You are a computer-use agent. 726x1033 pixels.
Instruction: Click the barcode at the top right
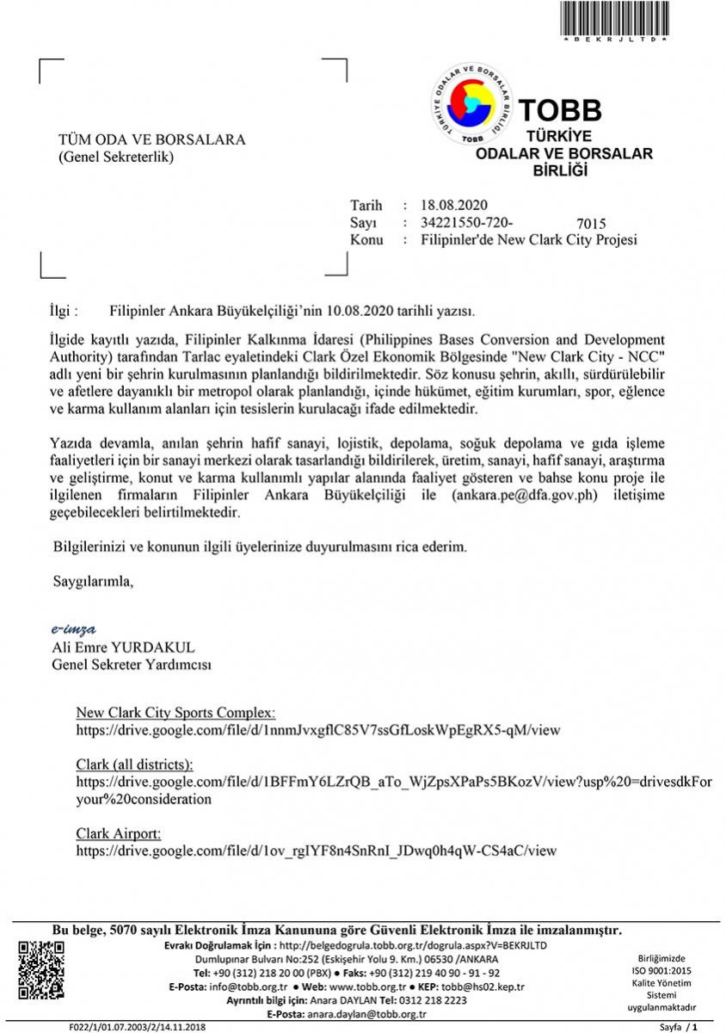pyautogui.click(x=613, y=18)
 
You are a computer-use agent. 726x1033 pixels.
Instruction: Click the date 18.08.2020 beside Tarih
pyautogui.click(x=454, y=205)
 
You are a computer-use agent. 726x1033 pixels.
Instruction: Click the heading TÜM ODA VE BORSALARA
pyautogui.click(x=151, y=140)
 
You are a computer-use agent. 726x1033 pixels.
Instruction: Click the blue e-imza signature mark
pyautogui.click(x=74, y=629)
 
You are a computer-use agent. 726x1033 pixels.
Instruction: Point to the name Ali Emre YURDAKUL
pyautogui.click(x=125, y=646)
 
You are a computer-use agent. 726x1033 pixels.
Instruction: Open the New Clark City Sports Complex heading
pyautogui.click(x=175, y=713)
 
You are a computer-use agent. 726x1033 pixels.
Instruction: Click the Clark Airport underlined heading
pyautogui.click(x=119, y=833)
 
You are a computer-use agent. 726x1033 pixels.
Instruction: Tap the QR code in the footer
pyautogui.click(x=40, y=970)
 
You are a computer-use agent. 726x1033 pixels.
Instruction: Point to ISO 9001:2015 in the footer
pyautogui.click(x=662, y=970)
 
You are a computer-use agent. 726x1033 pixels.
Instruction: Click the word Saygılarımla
pyautogui.click(x=94, y=581)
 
